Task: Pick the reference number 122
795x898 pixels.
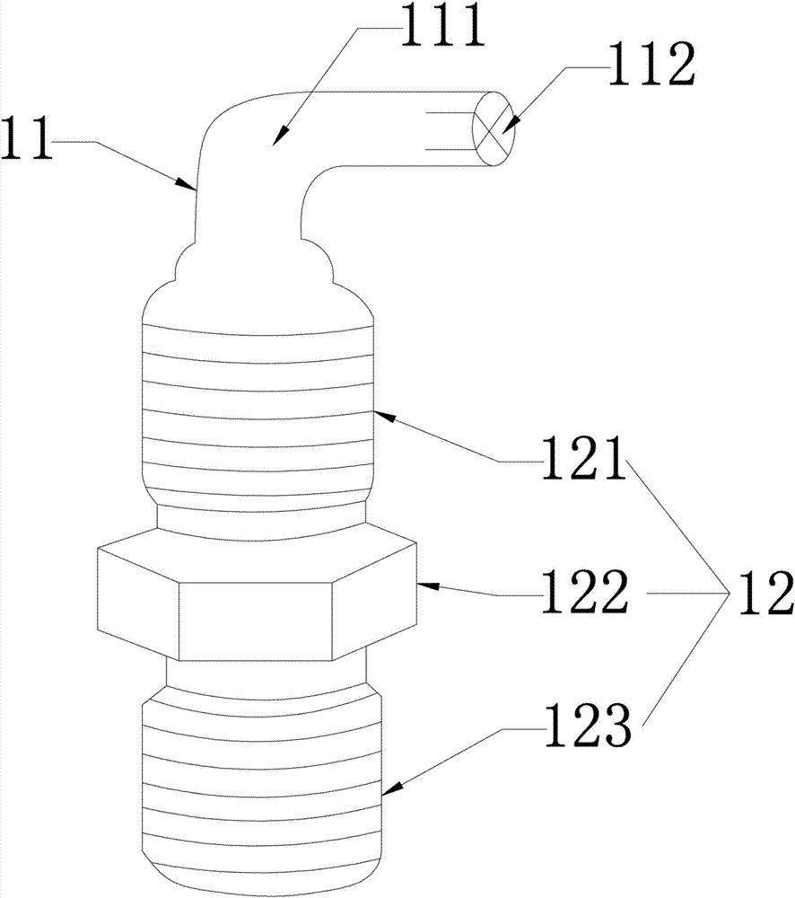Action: (x=584, y=594)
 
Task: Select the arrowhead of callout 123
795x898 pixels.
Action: (x=386, y=792)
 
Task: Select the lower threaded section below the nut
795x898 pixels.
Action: (x=260, y=781)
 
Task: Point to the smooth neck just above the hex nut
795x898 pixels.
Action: (x=260, y=518)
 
